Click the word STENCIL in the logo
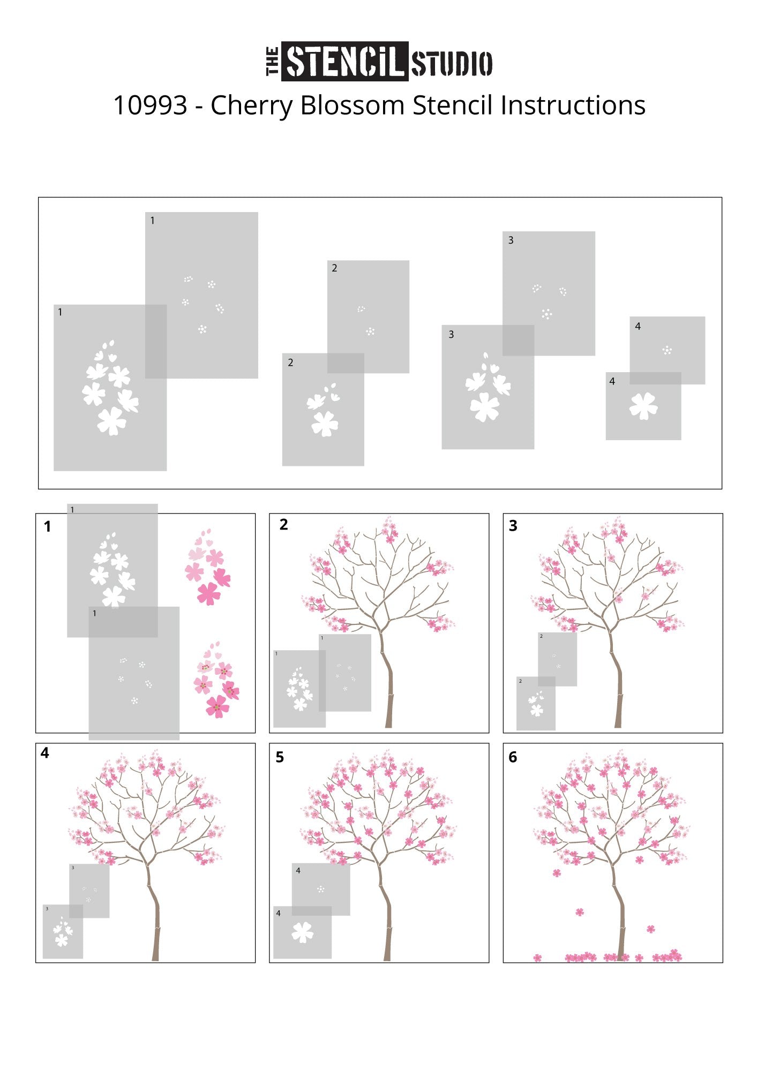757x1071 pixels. (344, 62)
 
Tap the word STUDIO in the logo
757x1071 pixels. (452, 63)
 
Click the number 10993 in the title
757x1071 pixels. (151, 105)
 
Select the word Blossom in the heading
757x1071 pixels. (352, 105)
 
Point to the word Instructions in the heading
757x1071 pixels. (573, 105)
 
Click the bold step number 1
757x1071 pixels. (47, 527)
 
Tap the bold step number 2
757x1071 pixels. (284, 525)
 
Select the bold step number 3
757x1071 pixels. (513, 526)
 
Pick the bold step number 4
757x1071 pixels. (45, 753)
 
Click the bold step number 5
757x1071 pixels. (280, 757)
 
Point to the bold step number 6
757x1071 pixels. (513, 757)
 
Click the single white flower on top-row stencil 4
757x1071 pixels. (643, 405)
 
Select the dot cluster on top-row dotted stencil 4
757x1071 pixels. (667, 350)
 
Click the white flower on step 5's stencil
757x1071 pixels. (303, 932)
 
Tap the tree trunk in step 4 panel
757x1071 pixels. (154, 910)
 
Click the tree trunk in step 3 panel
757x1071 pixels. (617, 680)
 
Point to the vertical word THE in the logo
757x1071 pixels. (273, 62)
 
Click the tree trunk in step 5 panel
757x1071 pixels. (387, 910)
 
